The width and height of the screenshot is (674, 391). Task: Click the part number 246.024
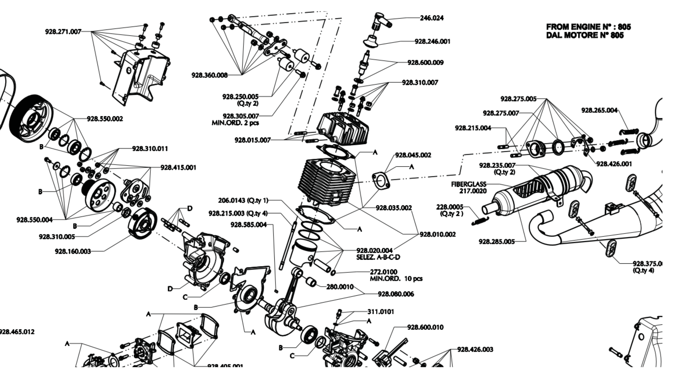click(x=431, y=18)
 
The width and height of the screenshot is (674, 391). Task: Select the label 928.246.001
click(x=432, y=41)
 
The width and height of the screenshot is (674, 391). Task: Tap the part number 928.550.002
click(x=105, y=119)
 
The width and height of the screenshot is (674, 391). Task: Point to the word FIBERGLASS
click(x=469, y=184)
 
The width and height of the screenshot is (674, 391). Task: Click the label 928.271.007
click(x=63, y=31)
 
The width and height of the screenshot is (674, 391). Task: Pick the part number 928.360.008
click(x=209, y=75)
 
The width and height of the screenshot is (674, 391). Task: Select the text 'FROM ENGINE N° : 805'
click(x=588, y=27)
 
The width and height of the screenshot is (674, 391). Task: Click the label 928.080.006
click(x=396, y=294)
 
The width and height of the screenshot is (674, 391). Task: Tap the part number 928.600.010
click(x=425, y=327)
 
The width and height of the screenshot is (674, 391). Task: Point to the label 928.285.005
click(x=496, y=242)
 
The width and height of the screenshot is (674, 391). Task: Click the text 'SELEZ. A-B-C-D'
click(x=378, y=257)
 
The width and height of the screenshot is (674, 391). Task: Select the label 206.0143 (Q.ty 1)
click(x=243, y=200)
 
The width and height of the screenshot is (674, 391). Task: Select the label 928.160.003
click(x=73, y=252)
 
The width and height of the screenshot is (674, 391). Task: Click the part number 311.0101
click(x=381, y=312)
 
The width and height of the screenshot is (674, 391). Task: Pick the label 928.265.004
click(x=599, y=110)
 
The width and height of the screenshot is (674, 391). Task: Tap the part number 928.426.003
click(x=475, y=349)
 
